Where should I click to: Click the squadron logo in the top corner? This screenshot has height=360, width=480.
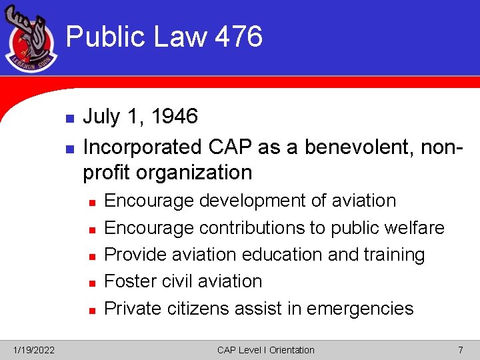[x=31, y=40]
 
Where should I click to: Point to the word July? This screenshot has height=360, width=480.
[x=101, y=117]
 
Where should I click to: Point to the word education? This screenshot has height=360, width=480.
[x=283, y=255]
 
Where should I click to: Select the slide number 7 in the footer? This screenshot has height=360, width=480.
[x=460, y=350]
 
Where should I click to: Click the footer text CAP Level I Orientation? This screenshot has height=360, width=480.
[x=265, y=350]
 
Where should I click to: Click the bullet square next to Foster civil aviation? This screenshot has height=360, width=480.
[x=92, y=283]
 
